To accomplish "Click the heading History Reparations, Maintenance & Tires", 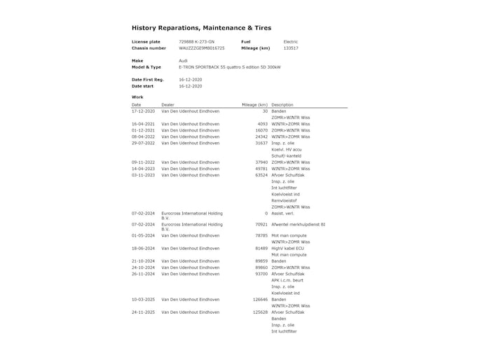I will click(200, 28).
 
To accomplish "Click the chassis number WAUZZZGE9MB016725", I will click(203, 48).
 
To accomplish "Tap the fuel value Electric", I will click(290, 42).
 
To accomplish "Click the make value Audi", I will click(183, 61).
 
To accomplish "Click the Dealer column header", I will click(168, 104).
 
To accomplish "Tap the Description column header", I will click(282, 104).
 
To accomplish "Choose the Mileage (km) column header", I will click(254, 104).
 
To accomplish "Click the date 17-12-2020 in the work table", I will click(143, 111).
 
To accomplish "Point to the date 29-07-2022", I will click(143, 143).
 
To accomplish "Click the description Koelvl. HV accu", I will click(286, 149).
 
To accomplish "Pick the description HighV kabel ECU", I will click(287, 248).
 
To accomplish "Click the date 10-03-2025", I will click(143, 299).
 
